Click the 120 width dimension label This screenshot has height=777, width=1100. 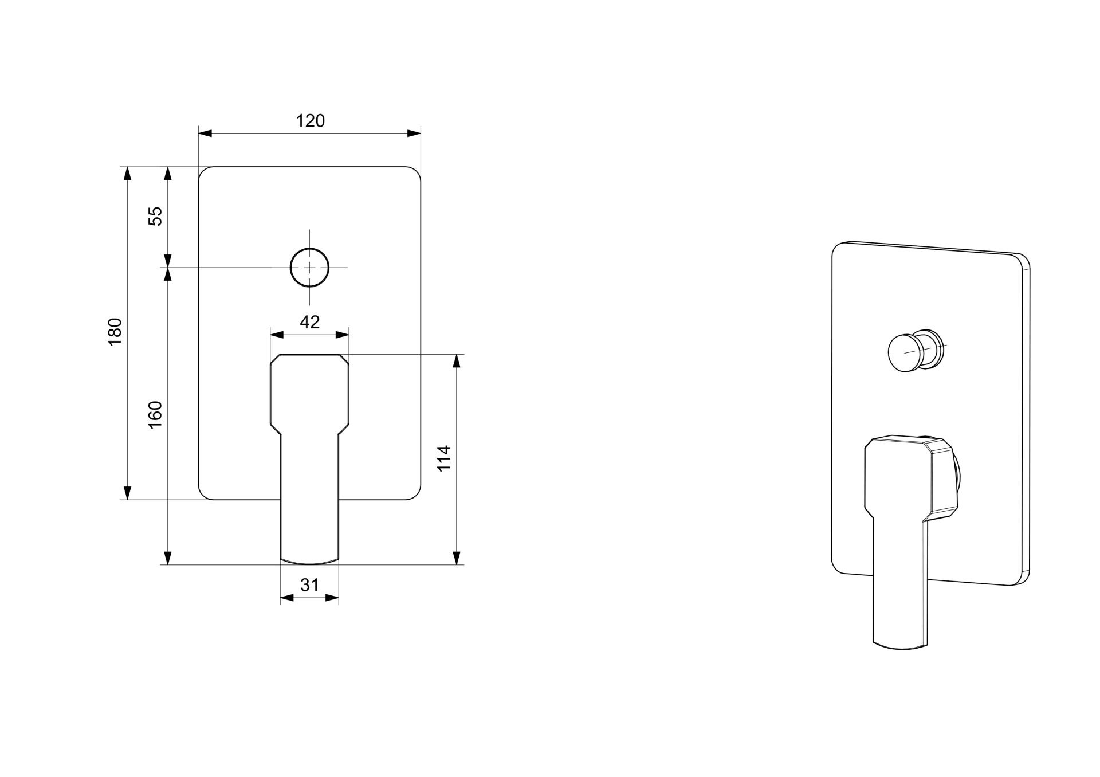pyautogui.click(x=310, y=121)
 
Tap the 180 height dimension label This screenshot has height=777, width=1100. pyautogui.click(x=115, y=331)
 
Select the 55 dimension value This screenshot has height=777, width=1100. pyautogui.click(x=156, y=216)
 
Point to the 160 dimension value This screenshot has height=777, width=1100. pyautogui.click(x=156, y=414)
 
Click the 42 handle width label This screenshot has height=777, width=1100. pyautogui.click(x=310, y=322)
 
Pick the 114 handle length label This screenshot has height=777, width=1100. pyautogui.click(x=445, y=458)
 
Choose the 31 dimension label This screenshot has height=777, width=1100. pyautogui.click(x=309, y=585)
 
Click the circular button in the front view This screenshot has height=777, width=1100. pyautogui.click(x=310, y=268)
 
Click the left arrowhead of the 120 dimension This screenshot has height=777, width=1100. pyautogui.click(x=205, y=134)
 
